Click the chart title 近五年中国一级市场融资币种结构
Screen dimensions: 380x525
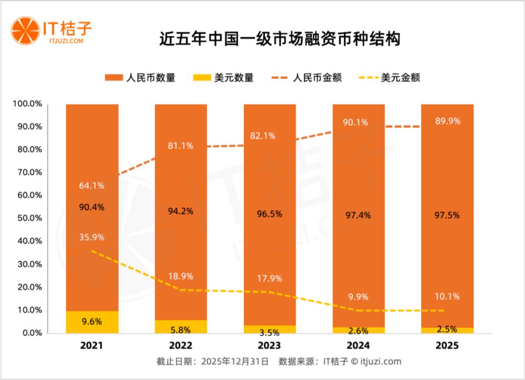tap(280, 39)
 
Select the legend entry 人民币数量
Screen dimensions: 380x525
tap(140, 78)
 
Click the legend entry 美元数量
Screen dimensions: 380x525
tap(224, 78)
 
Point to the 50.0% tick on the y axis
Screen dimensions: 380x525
tap(30, 218)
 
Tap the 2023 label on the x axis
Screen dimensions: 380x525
tap(269, 346)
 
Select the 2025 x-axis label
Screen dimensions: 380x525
tap(447, 346)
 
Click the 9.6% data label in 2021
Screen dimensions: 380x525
tap(92, 321)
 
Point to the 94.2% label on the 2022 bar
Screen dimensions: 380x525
tap(181, 211)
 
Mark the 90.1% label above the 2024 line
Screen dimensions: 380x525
tap(358, 122)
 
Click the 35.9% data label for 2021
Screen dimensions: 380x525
tap(92, 238)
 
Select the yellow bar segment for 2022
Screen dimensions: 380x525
tap(181, 327)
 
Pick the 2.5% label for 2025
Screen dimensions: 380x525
tap(447, 329)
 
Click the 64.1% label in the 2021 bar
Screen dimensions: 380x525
tap(92, 186)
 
